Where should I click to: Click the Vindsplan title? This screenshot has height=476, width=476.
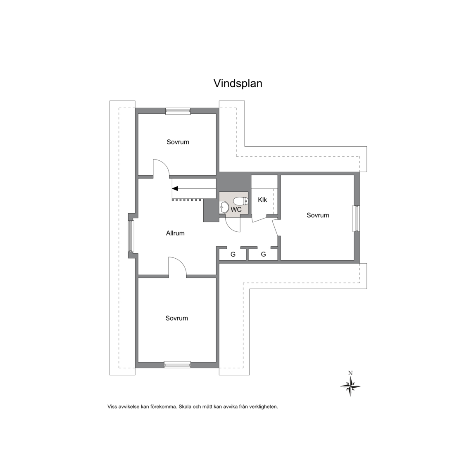click(x=238, y=83)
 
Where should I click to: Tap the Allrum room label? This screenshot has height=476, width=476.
click(x=175, y=233)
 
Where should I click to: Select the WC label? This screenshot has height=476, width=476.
click(x=236, y=209)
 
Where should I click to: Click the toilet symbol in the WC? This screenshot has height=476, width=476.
click(x=241, y=201)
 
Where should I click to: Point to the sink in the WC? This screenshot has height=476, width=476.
click(x=224, y=208)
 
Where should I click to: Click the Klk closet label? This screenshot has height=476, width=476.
click(x=263, y=200)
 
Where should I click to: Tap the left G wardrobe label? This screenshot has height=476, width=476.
click(x=233, y=255)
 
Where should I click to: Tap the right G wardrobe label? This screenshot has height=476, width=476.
click(x=263, y=255)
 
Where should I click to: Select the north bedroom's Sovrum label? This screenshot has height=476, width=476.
click(x=178, y=142)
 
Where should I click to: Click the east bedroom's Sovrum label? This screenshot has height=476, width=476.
click(x=318, y=215)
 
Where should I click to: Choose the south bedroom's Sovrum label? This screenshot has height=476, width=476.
click(x=177, y=318)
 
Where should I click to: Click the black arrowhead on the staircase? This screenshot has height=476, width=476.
click(x=175, y=188)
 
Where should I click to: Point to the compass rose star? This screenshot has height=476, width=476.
click(x=350, y=386)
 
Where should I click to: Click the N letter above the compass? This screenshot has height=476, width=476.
click(x=350, y=373)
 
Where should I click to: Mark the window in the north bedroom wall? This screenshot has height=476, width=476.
click(x=178, y=111)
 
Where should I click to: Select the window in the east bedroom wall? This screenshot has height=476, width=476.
click(x=356, y=219)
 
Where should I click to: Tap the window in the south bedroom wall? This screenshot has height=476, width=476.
click(x=178, y=364)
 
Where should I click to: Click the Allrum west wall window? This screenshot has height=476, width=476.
click(x=131, y=236)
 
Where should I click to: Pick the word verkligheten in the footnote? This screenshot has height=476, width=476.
click(x=263, y=407)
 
